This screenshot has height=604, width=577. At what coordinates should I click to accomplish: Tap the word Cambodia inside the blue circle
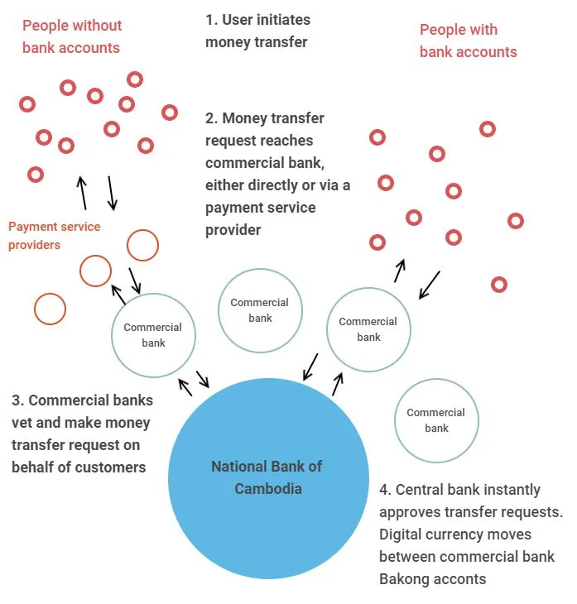point(268,488)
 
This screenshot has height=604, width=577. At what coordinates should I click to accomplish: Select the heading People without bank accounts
point(71,37)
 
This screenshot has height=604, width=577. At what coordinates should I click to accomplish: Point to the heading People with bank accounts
point(468,41)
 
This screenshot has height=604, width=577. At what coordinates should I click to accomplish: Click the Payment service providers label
point(54,236)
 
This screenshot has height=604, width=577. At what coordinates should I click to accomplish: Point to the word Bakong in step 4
point(406,578)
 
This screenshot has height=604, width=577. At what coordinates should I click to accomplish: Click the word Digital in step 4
point(404,534)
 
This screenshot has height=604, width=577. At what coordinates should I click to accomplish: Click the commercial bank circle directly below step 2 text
point(259,310)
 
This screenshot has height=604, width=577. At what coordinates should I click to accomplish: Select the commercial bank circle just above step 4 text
point(435,420)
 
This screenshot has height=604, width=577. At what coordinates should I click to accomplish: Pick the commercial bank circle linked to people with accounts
point(368,329)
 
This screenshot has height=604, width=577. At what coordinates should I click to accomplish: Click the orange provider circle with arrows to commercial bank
point(95,270)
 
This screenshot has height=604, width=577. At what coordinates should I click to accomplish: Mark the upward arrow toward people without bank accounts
point(81,192)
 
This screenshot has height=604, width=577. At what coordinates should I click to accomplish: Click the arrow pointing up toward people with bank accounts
point(400,271)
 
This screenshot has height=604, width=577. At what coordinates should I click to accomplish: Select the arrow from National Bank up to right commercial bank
point(338,383)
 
